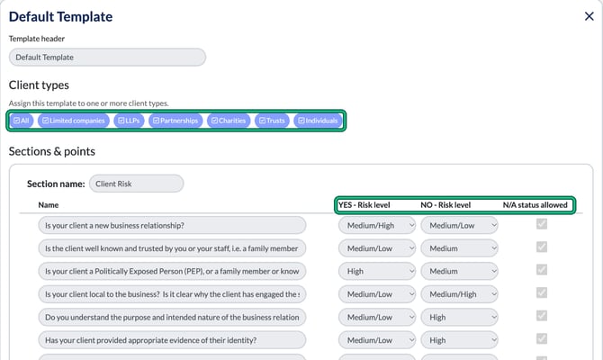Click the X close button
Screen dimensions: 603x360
coord(589,16)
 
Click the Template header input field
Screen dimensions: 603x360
coord(107,58)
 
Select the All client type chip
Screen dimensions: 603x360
coord(22,121)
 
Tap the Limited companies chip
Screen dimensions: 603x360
coord(74,121)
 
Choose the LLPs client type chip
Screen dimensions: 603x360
coord(129,121)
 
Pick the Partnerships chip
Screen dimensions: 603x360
coord(175,121)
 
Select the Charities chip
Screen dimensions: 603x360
coord(229,121)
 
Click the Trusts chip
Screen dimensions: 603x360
coord(272,121)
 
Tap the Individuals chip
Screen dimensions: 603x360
coord(318,121)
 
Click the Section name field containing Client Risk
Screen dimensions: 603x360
coord(137,184)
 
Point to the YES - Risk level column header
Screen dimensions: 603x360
coord(364,205)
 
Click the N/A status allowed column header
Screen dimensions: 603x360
coord(535,205)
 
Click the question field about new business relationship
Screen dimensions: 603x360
coord(172,225)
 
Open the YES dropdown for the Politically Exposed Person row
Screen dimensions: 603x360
coord(377,271)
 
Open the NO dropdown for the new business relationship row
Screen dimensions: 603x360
coord(459,225)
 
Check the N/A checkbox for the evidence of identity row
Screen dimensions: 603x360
coord(542,338)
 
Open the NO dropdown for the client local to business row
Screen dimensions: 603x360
coord(459,294)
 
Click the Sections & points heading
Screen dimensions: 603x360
coord(52,151)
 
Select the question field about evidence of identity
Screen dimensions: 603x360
coord(172,340)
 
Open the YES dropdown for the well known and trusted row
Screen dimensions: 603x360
coord(377,248)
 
